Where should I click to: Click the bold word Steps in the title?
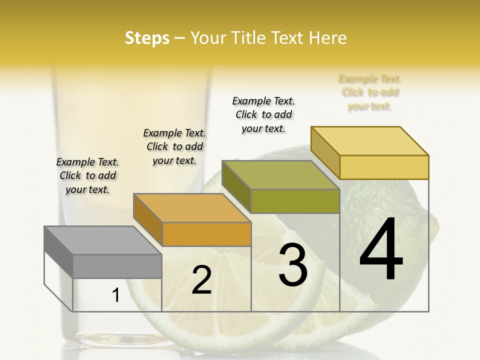coord(147,38)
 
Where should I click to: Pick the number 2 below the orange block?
coord(201,280)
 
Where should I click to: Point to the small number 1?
coord(115,295)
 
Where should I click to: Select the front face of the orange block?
coord(206,234)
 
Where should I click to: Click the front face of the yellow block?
coord(384,167)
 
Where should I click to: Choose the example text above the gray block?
coord(87,175)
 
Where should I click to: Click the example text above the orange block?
coord(174,146)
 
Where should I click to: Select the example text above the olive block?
coord(263,114)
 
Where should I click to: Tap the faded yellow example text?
coord(370,92)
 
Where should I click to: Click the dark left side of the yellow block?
coord(325,152)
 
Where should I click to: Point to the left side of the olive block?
coord(236,185)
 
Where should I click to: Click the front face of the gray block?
coord(117,266)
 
